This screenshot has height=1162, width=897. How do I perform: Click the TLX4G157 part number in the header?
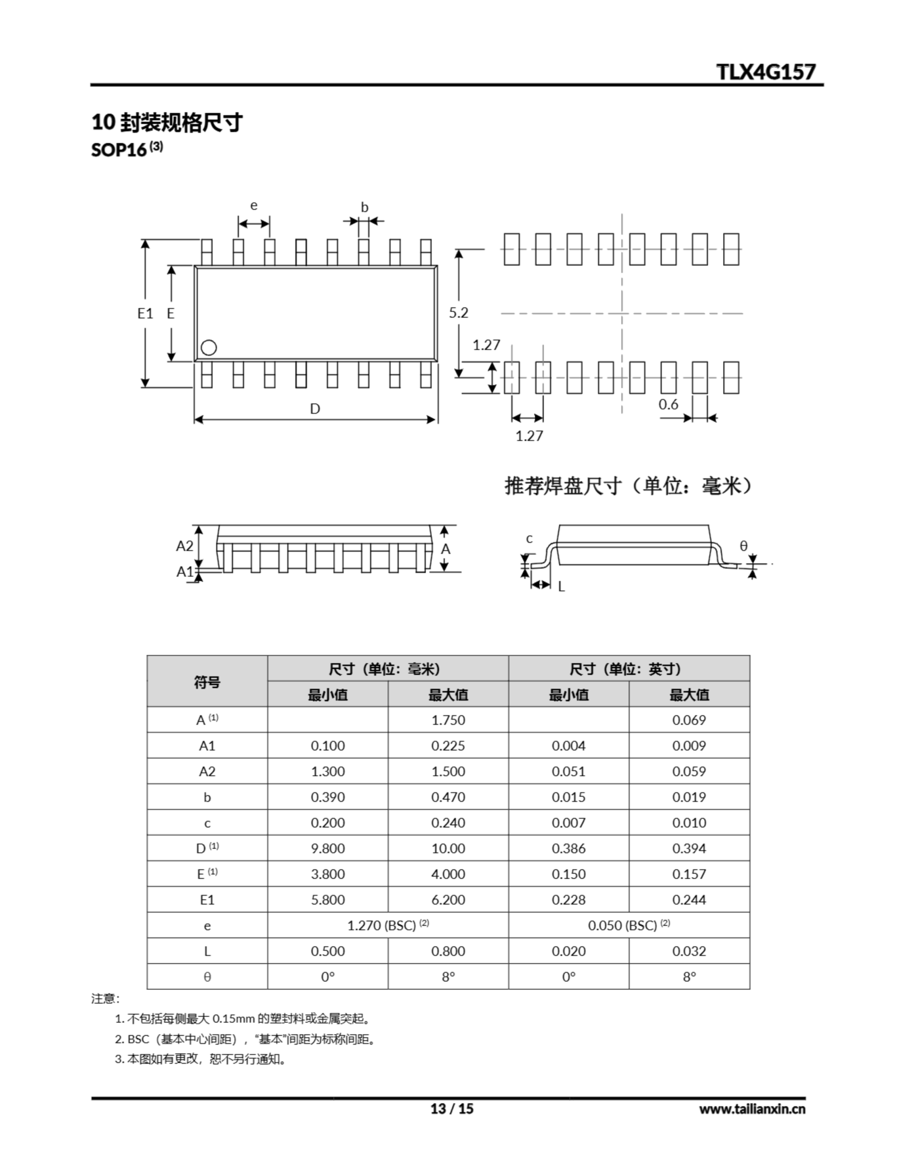coord(765,72)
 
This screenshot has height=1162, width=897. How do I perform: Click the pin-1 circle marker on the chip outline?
coord(209,347)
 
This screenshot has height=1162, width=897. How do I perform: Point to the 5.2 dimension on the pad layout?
coord(458,313)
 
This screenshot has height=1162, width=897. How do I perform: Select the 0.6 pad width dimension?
coord(668,404)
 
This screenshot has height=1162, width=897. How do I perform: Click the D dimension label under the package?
coord(315,409)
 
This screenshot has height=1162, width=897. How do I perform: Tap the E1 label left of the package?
coord(145,313)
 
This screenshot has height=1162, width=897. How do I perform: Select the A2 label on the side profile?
coord(185,546)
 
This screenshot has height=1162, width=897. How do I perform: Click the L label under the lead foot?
coord(561,587)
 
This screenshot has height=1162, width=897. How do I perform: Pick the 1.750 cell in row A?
coord(448,720)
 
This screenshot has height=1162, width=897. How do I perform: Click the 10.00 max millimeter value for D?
coord(448,848)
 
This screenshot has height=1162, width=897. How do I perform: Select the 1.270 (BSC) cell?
coord(388,925)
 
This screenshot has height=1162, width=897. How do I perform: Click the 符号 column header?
coord(207,682)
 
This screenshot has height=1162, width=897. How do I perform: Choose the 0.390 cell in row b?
coord(327,797)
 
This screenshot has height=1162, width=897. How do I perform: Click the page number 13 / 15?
coord(451,1108)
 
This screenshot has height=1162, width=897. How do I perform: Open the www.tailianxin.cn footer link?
coord(752,1109)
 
